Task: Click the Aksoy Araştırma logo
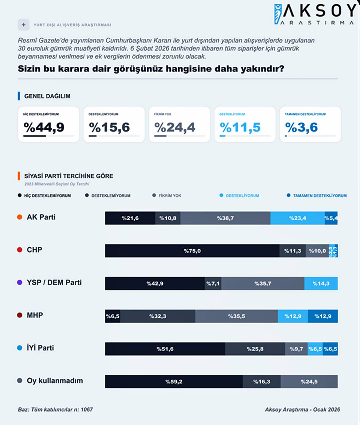point(315,14)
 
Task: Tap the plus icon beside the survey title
point(23,25)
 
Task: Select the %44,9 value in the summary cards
point(44,127)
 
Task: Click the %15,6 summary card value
point(109,127)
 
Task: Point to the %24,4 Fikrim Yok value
point(175,127)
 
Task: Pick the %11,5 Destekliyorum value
point(240,127)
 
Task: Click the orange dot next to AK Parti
point(20,217)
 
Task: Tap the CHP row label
point(34,250)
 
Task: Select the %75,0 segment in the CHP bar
point(192,251)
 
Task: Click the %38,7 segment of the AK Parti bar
point(225,218)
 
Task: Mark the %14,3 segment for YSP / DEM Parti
point(321,284)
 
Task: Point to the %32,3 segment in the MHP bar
point(158,316)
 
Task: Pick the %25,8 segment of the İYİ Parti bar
point(255,349)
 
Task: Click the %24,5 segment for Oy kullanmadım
point(309,382)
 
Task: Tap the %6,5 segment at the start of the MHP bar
point(112,316)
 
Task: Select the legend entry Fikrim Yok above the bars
point(169,196)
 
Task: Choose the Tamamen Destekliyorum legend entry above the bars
point(319,196)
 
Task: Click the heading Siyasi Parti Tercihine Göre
point(68,176)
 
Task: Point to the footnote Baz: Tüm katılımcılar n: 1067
point(55,410)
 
